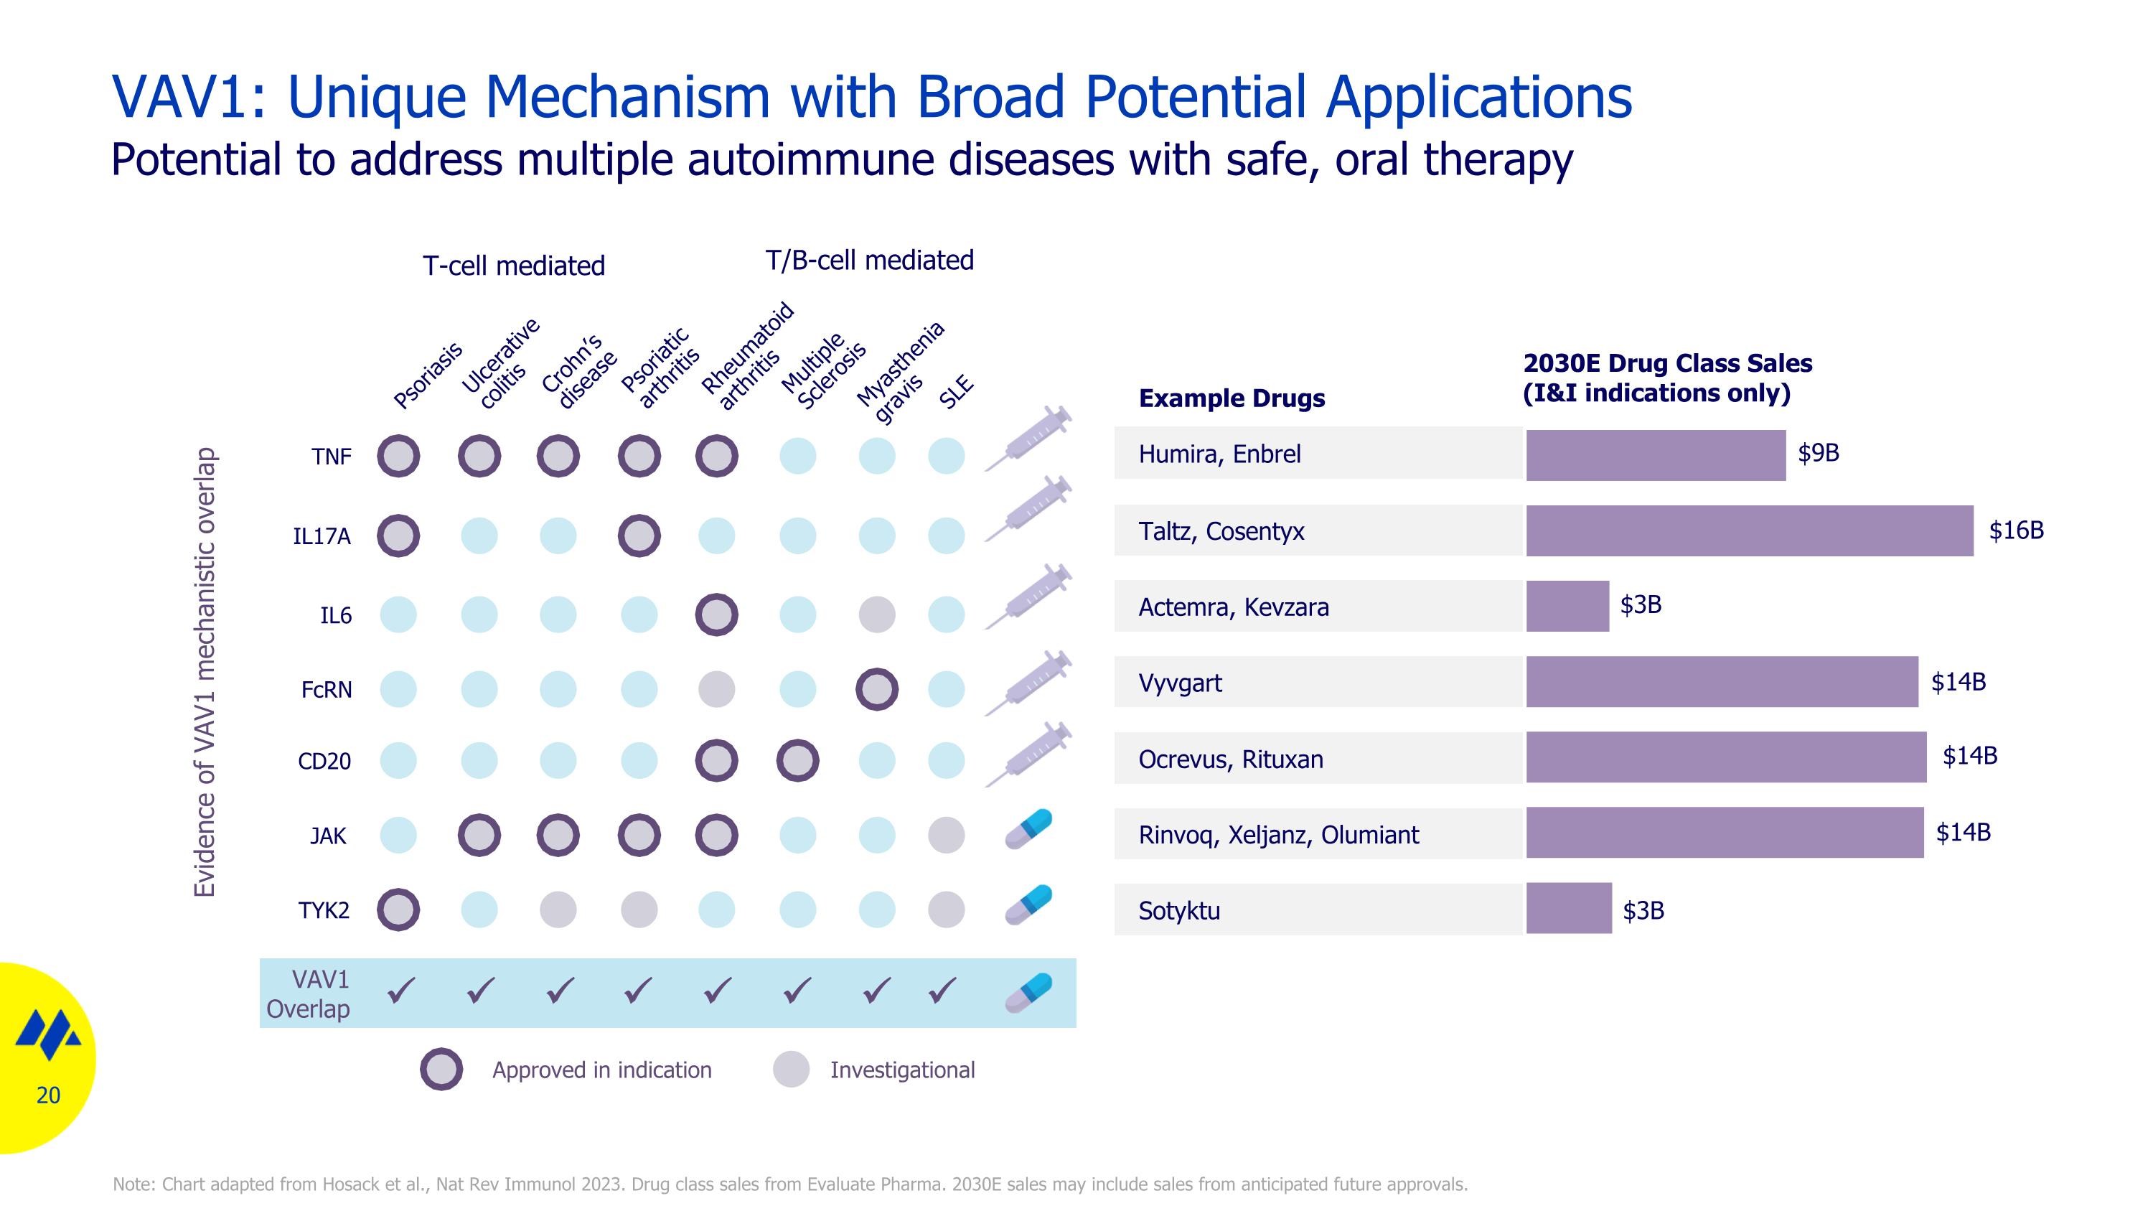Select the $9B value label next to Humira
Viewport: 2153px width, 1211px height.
pos(1818,453)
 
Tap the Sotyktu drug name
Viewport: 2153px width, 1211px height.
pos(1178,910)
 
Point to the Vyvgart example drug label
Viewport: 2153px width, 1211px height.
pos(1179,683)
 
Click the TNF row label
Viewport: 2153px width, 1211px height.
pos(331,457)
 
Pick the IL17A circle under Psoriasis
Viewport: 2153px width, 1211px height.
pos(398,536)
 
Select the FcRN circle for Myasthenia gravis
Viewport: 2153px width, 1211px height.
pos(877,690)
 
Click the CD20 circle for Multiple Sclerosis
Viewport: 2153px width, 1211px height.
pos(797,760)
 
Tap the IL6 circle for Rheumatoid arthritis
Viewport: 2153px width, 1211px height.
pos(716,615)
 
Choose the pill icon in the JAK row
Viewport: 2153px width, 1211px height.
pos(1028,829)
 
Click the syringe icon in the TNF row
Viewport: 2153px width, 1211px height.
pos(1028,439)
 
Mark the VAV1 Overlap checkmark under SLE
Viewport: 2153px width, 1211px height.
pos(943,991)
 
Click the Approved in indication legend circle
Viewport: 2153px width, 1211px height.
pos(441,1069)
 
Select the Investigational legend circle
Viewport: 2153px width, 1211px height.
pos(791,1069)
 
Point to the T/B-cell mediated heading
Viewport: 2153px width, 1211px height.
pos(869,260)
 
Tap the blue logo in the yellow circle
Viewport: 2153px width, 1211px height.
pos(49,1034)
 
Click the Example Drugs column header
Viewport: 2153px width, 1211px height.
pos(1231,398)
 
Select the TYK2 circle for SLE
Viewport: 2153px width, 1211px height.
pos(946,910)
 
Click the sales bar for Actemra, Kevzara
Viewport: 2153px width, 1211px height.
pos(1567,606)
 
